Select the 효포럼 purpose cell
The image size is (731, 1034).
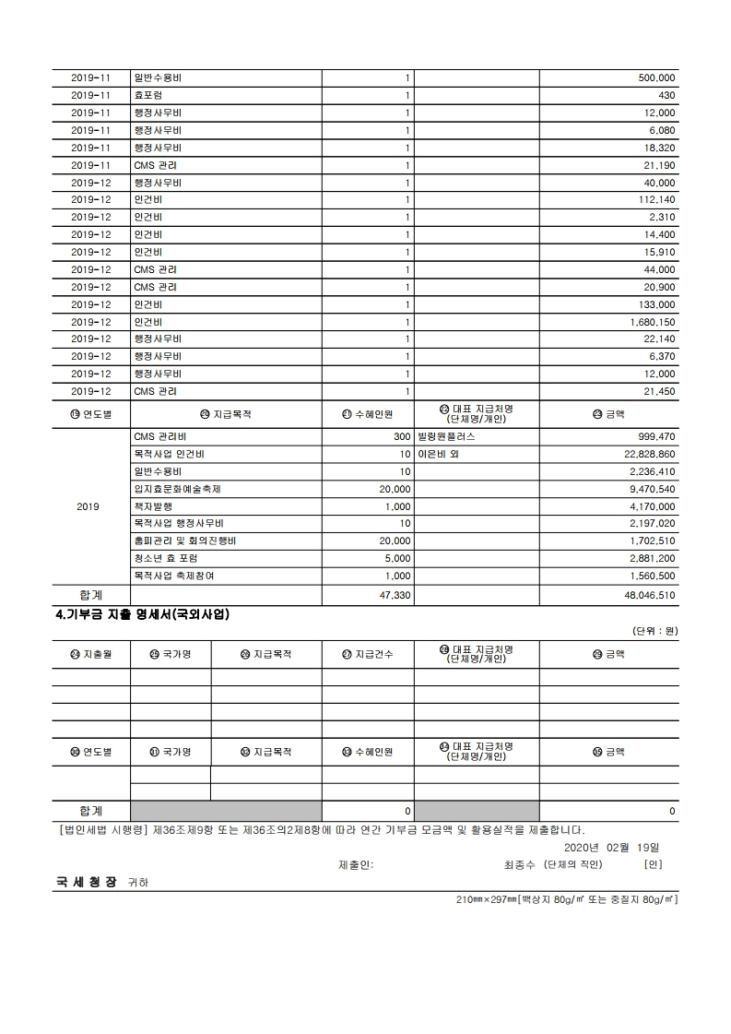tap(148, 96)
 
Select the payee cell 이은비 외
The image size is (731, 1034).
tap(438, 454)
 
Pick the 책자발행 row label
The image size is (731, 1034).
tap(152, 506)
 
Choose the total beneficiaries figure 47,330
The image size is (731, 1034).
tap(395, 596)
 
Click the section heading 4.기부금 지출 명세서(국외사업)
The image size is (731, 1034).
tap(142, 613)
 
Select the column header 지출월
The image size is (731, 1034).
tap(90, 654)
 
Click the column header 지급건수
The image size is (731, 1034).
tap(367, 654)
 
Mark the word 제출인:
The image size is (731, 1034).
tap(356, 864)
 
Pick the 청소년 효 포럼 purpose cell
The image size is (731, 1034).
tap(166, 558)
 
